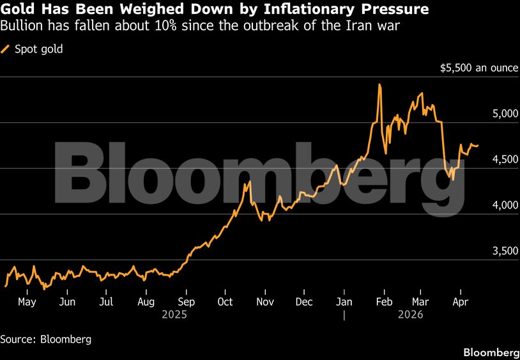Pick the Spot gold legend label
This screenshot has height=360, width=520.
(38, 49)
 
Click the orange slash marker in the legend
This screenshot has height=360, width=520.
(6, 49)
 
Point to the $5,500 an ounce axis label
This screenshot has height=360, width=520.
(478, 68)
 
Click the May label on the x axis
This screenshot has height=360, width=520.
(27, 302)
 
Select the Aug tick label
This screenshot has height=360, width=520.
(146, 302)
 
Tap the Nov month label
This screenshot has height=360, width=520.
(264, 302)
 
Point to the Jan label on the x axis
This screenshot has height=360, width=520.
(344, 302)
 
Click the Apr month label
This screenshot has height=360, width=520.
(459, 302)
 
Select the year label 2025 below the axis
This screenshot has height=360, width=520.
(173, 315)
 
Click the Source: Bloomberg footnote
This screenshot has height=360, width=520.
(45, 339)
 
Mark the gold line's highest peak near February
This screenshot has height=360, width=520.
(379, 84)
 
